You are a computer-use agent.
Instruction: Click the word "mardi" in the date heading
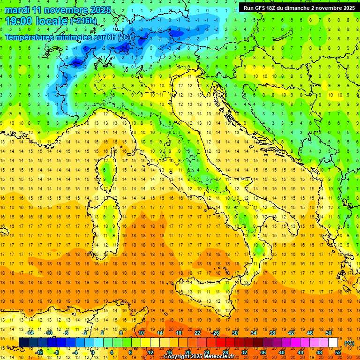(x=17, y=9)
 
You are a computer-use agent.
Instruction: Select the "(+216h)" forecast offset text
(x=83, y=21)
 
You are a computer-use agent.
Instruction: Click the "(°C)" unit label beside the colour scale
(x=349, y=343)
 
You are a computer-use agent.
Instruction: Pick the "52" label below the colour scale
(x=338, y=352)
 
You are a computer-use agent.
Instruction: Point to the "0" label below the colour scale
(x=93, y=352)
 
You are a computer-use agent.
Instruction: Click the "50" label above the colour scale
(x=329, y=333)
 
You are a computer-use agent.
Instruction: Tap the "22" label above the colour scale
(x=197, y=333)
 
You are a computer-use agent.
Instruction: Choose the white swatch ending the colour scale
(x=333, y=343)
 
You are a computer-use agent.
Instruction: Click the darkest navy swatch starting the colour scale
(x=23, y=343)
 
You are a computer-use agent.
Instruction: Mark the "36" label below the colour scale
(x=263, y=352)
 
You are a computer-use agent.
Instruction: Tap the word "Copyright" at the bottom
(x=177, y=357)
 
